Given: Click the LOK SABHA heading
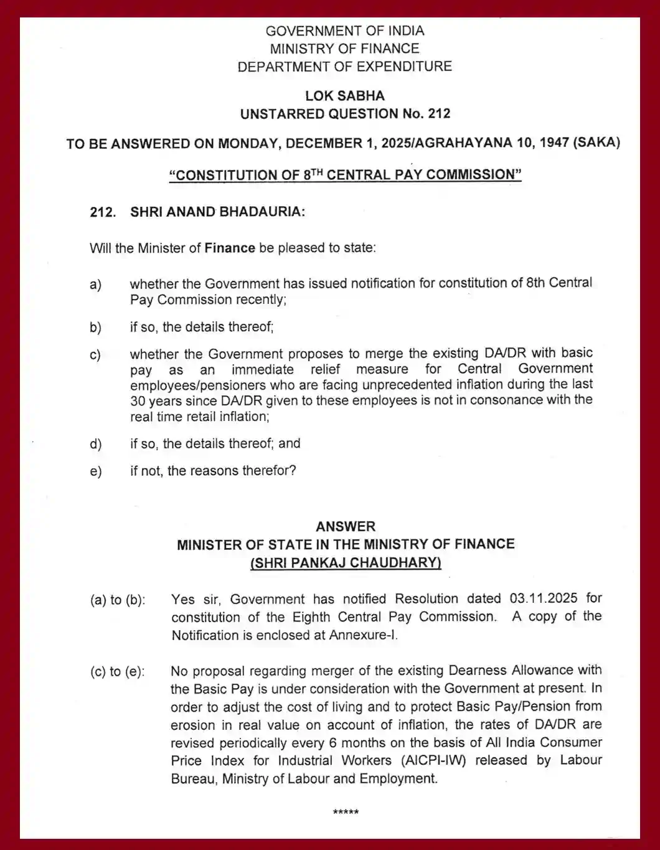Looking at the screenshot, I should coord(344,96).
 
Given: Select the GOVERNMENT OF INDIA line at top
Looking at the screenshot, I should coord(344,31).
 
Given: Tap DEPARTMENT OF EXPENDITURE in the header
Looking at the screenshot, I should coord(344,67).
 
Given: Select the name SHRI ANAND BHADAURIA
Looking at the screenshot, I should coord(217,212).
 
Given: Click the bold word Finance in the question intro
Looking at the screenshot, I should coord(230,248).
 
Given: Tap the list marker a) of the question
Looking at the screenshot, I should coord(95,285).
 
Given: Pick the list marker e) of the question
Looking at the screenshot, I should coord(95,471).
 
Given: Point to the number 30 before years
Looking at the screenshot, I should coord(138,400).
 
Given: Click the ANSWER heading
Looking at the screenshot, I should coord(346,526).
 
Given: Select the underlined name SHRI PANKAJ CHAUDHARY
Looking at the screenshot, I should coord(346,562).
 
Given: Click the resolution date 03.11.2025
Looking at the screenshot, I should coord(544,598).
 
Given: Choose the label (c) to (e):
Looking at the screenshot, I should coord(118,672).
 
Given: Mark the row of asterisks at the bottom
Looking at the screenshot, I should coord(346,813).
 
